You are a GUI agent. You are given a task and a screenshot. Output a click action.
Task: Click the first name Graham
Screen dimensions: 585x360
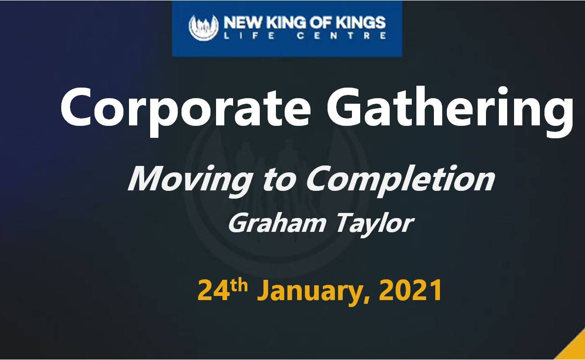click(277, 224)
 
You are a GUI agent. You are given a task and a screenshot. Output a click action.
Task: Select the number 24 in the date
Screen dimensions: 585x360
click(214, 290)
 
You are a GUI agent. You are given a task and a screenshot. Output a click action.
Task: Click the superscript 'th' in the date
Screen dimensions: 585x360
click(239, 285)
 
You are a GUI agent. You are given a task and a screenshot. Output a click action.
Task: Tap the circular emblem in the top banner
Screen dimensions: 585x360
click(204, 27)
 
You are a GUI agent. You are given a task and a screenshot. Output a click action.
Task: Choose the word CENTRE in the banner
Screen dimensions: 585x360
click(342, 35)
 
